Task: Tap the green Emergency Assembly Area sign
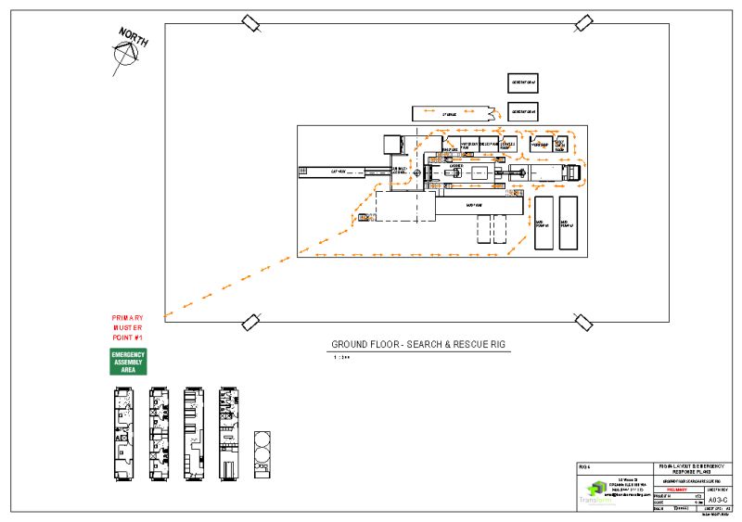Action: coord(129,362)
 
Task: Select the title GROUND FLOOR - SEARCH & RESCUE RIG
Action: coord(418,345)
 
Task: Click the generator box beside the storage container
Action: coord(522,111)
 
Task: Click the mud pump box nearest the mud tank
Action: coord(544,223)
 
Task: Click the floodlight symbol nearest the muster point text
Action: coord(250,323)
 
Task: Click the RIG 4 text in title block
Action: coord(584,465)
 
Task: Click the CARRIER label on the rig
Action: coord(456,165)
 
